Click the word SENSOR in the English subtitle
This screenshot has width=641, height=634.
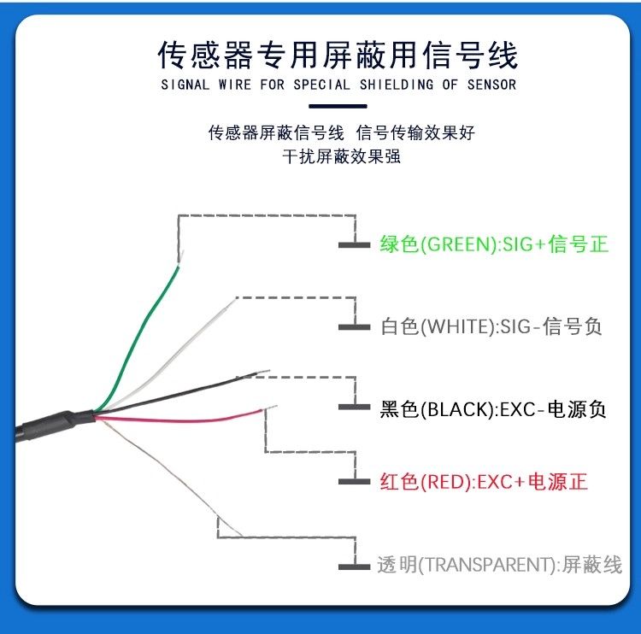click(x=491, y=85)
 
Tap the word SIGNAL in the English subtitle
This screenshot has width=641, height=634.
click(x=185, y=85)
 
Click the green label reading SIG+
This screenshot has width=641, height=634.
click(x=494, y=244)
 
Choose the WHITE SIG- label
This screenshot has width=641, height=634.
click(x=491, y=326)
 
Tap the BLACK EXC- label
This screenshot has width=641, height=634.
click(x=492, y=408)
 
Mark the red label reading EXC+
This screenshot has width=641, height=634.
click(x=484, y=482)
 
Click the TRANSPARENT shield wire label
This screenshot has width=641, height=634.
click(x=500, y=565)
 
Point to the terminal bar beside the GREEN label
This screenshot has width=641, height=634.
click(x=354, y=245)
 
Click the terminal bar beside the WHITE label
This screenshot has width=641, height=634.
click(x=354, y=327)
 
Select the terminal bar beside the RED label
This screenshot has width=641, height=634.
click(x=354, y=482)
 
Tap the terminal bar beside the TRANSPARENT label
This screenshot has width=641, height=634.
click(x=354, y=566)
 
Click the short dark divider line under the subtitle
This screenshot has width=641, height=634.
click(x=338, y=106)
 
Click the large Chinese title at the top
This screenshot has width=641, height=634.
click(x=338, y=55)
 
